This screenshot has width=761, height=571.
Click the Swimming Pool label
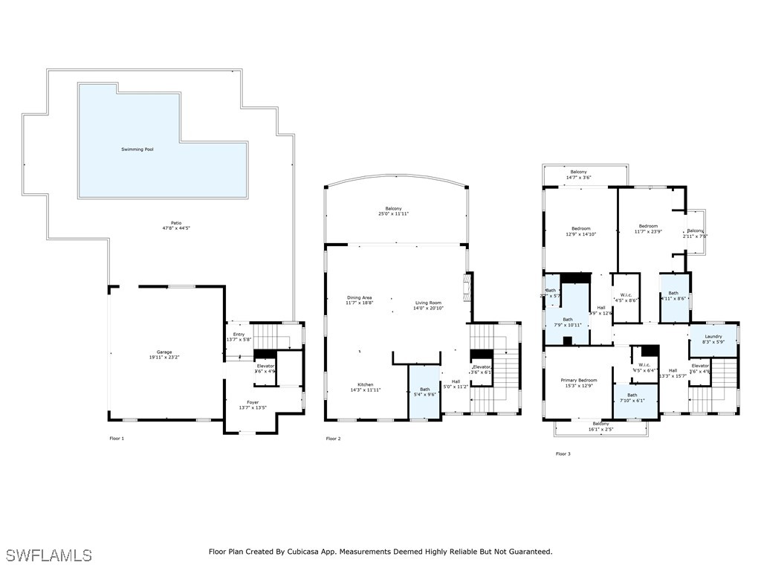point(137,149)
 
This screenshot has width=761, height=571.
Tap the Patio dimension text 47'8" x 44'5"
point(176,228)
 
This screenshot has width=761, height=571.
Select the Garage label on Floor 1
point(164,352)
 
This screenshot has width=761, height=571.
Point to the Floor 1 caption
point(117,439)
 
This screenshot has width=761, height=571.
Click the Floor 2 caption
point(333,439)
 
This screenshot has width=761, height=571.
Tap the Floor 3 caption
point(563,454)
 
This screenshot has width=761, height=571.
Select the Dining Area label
point(358,297)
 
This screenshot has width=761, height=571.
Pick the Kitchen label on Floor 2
point(364,384)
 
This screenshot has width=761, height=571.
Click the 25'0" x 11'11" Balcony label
point(393,213)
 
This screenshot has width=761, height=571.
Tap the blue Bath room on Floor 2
point(424,392)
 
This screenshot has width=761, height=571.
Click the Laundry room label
point(713,336)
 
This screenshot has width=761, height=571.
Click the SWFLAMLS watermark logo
point(48,555)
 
